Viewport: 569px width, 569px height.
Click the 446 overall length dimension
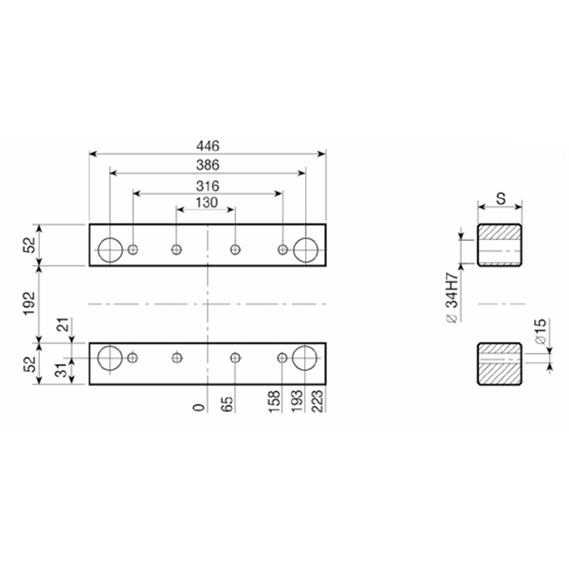point(208,146)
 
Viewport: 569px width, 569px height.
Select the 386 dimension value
point(208,166)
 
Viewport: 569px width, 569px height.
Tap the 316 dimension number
point(208,186)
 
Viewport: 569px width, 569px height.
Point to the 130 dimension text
point(207,203)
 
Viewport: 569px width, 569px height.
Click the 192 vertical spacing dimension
point(30,304)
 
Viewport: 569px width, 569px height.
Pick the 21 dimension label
point(63,324)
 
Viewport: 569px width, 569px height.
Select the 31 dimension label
point(63,370)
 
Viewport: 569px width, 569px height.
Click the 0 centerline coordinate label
point(199,408)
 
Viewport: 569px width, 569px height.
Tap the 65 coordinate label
point(226,404)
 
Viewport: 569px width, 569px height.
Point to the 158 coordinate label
point(275,401)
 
